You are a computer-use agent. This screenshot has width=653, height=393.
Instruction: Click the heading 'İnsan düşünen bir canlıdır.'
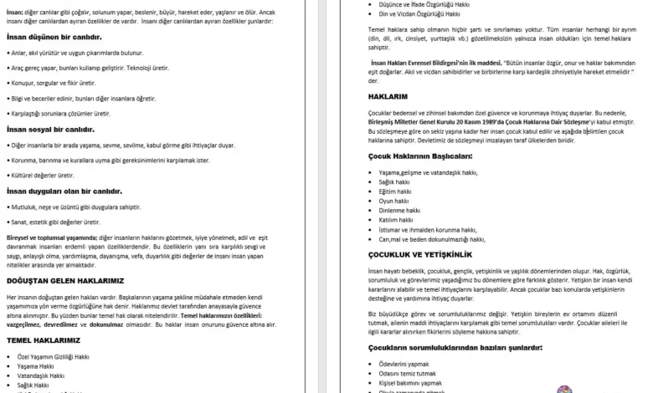pos(54,38)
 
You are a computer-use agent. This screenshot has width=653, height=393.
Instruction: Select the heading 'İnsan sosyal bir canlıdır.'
pos(50,130)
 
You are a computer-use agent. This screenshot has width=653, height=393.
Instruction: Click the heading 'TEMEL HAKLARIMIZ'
pos(43,340)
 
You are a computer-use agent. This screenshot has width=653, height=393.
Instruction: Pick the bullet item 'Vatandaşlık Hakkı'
pos(41,375)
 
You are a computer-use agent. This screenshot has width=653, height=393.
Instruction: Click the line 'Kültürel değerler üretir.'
pos(43,175)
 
